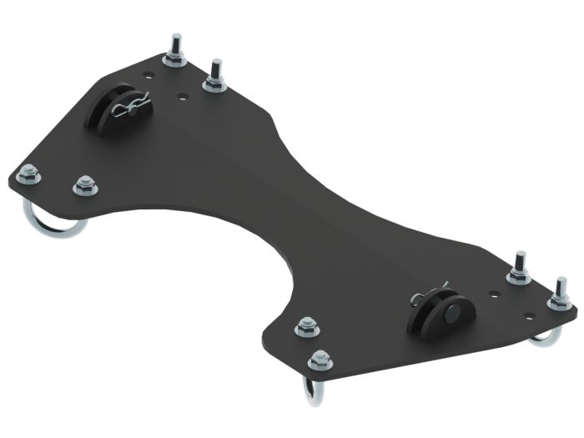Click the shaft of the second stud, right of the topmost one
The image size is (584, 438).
(x=215, y=68)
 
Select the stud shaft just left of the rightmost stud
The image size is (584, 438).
(x=520, y=260)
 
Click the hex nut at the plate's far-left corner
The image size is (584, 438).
(x=28, y=174)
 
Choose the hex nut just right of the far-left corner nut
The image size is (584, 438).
(x=83, y=185)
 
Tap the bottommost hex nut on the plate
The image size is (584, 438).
(x=319, y=360)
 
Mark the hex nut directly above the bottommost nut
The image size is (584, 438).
(x=306, y=325)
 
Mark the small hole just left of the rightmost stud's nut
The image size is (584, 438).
(x=527, y=315)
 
